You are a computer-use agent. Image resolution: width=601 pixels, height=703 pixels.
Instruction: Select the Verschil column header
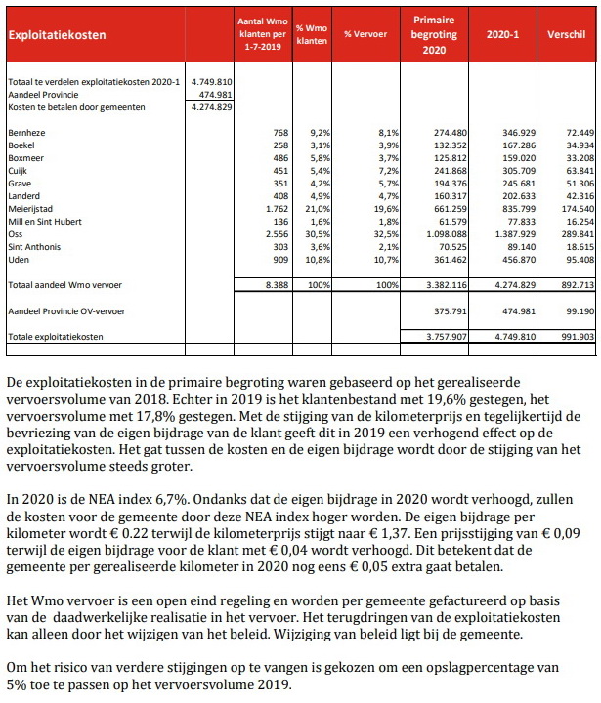pos(567,34)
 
